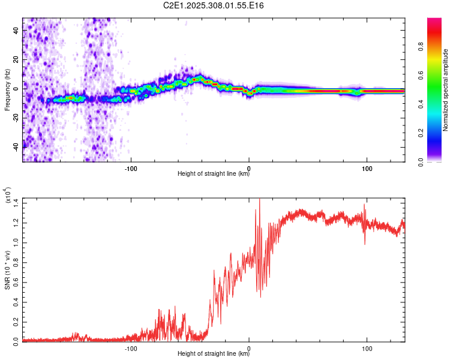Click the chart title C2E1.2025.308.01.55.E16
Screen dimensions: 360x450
pos(226,5)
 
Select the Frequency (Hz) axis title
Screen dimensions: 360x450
pos(7,90)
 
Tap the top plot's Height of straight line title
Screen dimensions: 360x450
pos(214,174)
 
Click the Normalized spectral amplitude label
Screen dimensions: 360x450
pos(445,90)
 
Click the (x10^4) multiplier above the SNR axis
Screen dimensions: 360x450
pos(7,195)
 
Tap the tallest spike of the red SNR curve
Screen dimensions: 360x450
pos(259,199)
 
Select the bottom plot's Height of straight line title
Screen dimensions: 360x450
pos(214,353)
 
